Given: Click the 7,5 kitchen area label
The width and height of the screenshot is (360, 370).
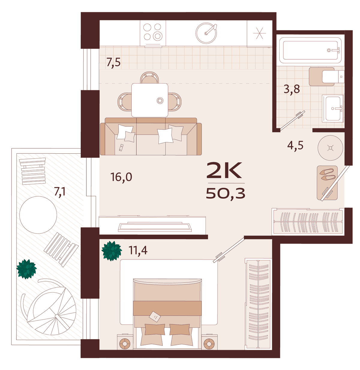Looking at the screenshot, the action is click(x=113, y=62).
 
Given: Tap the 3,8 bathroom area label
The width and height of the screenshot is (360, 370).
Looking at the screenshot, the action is click(x=292, y=89).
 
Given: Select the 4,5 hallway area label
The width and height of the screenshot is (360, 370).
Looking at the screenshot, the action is click(x=295, y=146).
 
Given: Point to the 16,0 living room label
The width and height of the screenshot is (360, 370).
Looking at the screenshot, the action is click(x=121, y=177).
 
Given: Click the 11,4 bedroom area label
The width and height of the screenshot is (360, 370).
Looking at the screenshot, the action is click(x=138, y=250).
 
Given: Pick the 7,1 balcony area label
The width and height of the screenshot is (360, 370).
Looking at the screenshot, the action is click(x=60, y=192).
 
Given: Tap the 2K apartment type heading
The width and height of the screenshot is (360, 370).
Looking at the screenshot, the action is click(x=224, y=170).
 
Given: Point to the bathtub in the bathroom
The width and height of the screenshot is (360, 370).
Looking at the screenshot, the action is click(x=310, y=50).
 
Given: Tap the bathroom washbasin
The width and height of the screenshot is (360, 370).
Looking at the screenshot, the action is click(x=333, y=108).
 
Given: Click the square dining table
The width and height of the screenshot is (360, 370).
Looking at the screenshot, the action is click(x=150, y=100).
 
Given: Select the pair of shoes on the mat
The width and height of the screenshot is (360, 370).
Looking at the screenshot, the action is click(x=327, y=175).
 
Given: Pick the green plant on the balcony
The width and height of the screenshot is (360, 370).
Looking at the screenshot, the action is click(x=26, y=269).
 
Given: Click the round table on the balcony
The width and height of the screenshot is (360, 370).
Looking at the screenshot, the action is click(x=38, y=215).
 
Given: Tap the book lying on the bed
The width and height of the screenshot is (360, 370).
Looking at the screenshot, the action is click(x=154, y=317).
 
